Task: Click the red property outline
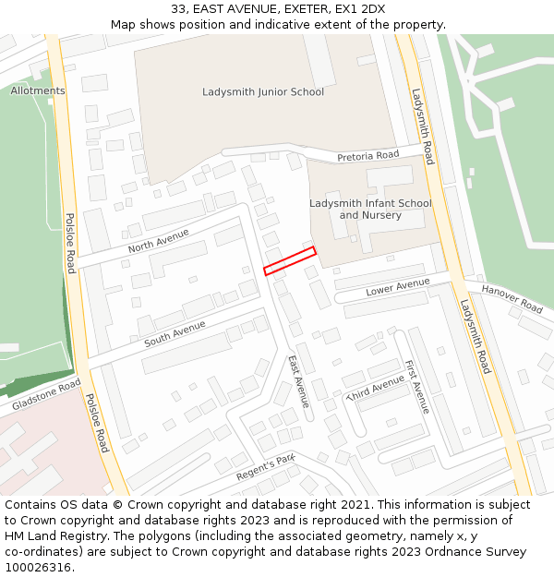point(290,260)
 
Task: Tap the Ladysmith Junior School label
point(263,91)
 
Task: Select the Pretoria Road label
point(367,156)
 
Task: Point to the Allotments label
point(38,90)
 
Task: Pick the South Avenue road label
point(175,334)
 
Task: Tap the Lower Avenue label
point(398,287)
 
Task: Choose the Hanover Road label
point(512,298)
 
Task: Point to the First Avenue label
point(417,386)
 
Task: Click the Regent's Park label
point(265,467)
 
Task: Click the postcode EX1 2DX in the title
point(360,9)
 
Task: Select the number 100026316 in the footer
point(38,567)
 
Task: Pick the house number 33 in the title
point(178,9)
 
